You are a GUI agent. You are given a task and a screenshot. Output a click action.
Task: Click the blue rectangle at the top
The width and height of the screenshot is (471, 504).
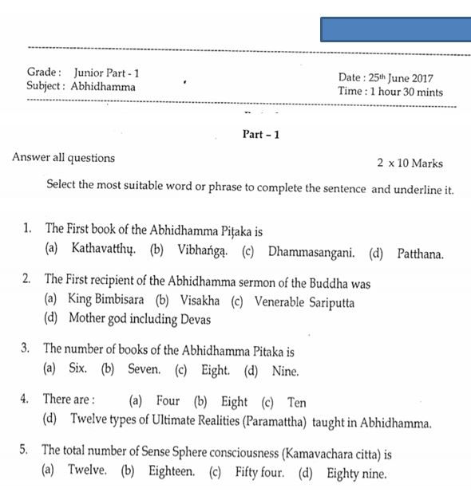pyautogui.click(x=395, y=29)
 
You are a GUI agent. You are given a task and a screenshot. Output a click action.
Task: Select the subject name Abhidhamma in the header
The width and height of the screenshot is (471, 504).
pyautogui.click(x=103, y=87)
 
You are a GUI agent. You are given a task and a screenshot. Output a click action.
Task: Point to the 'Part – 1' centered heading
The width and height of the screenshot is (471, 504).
pyautogui.click(x=261, y=134)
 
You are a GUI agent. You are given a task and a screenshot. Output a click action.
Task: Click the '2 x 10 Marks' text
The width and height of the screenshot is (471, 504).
pyautogui.click(x=410, y=163)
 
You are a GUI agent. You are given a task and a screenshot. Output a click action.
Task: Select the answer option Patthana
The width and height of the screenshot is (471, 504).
pyautogui.click(x=419, y=254)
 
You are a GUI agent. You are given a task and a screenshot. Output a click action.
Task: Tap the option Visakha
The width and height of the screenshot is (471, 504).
pyautogui.click(x=198, y=301)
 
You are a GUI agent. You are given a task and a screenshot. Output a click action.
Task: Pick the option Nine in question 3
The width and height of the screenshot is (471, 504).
pyautogui.click(x=285, y=370)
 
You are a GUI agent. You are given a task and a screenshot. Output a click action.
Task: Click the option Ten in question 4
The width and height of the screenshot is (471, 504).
pyautogui.click(x=296, y=402)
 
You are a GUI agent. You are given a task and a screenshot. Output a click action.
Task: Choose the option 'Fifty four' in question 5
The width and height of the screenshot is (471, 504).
pyautogui.click(x=259, y=472)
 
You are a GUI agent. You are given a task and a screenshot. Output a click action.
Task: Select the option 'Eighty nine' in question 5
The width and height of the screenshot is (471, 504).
pyautogui.click(x=356, y=474)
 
